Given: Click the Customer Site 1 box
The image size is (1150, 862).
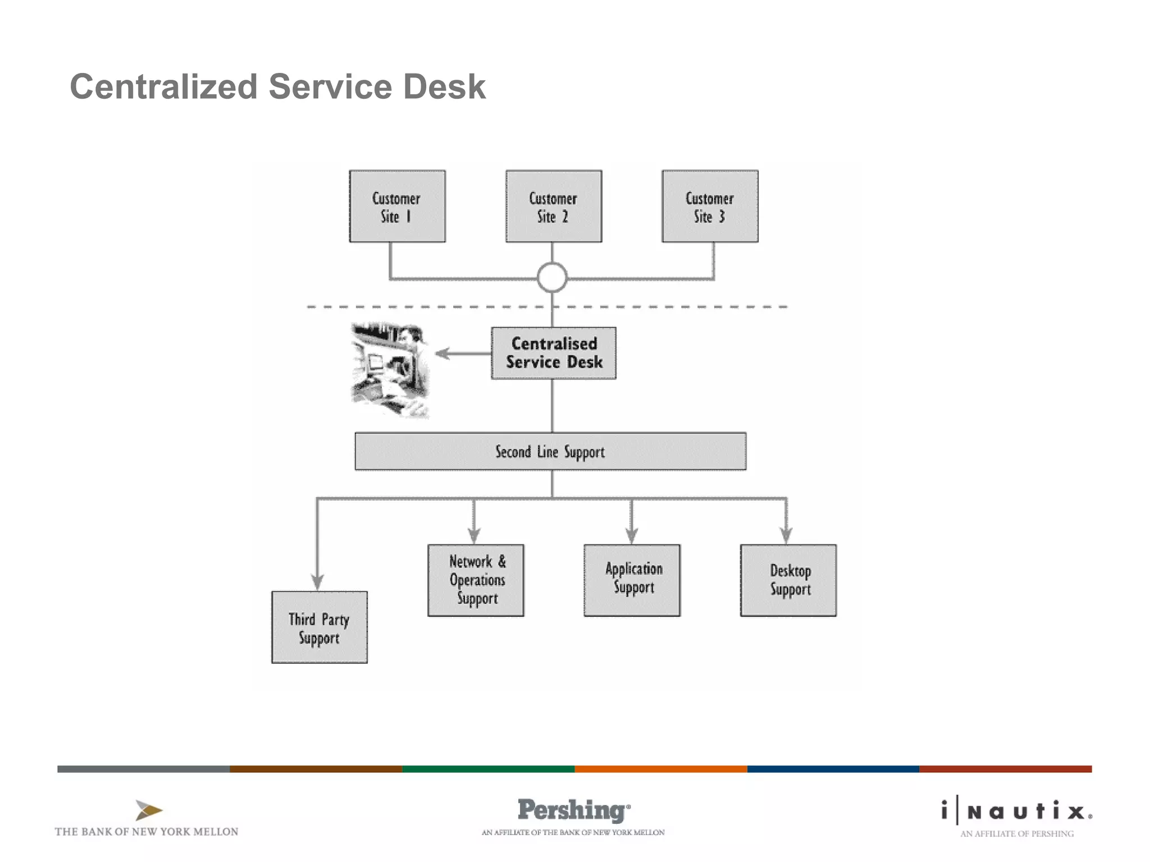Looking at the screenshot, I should (397, 207).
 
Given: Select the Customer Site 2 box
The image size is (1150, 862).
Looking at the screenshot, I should (554, 207).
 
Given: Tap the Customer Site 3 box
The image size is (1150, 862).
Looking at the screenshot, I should (710, 207).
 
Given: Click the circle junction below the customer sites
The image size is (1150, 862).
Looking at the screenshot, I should (552, 277).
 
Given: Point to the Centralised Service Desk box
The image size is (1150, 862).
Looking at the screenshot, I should (554, 353).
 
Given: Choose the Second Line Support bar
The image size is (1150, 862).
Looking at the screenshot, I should (550, 451).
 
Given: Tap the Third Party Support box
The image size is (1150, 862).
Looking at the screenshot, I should (320, 627).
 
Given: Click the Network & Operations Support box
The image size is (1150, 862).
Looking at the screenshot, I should (476, 580).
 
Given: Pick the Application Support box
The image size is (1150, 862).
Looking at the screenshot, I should (632, 580).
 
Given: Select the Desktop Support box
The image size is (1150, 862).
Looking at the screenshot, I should (788, 580).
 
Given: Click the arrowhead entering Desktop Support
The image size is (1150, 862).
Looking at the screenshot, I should (786, 535).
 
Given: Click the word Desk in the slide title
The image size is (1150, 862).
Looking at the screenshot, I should (444, 87).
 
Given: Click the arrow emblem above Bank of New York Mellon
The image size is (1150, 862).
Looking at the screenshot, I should (149, 810).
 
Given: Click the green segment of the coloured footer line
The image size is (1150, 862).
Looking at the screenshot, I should (489, 769).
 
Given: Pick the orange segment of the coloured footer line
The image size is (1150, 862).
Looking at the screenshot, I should (661, 769).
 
